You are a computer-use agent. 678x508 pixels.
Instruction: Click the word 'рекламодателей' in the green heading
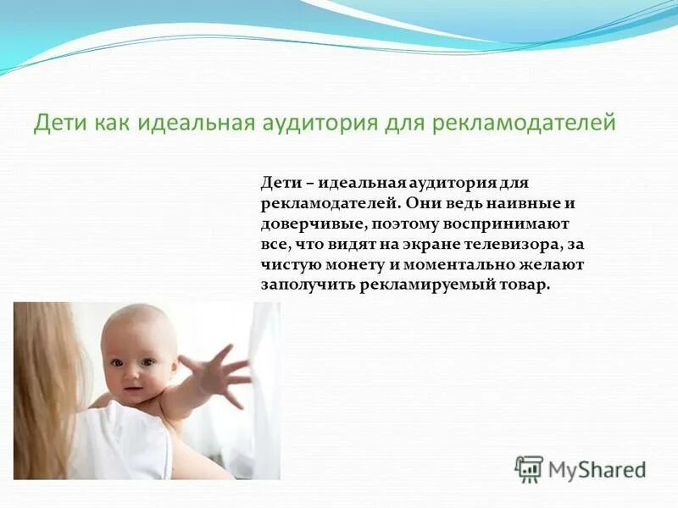pos(523,124)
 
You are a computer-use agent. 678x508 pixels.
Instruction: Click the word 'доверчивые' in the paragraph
pos(301,224)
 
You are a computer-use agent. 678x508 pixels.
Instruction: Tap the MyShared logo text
pos(597,469)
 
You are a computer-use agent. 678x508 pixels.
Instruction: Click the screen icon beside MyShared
pos(530,468)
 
